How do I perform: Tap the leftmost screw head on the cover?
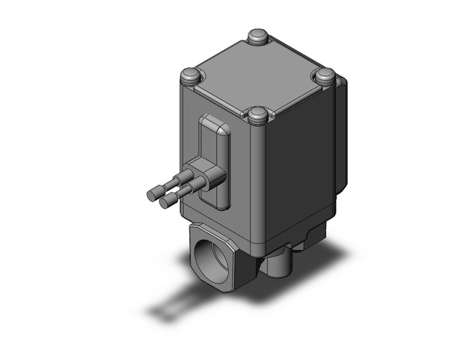191,77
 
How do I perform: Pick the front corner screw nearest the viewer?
258,115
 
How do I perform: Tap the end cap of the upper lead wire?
151,195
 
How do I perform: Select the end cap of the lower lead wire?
164,203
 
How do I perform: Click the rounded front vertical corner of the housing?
258,184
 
